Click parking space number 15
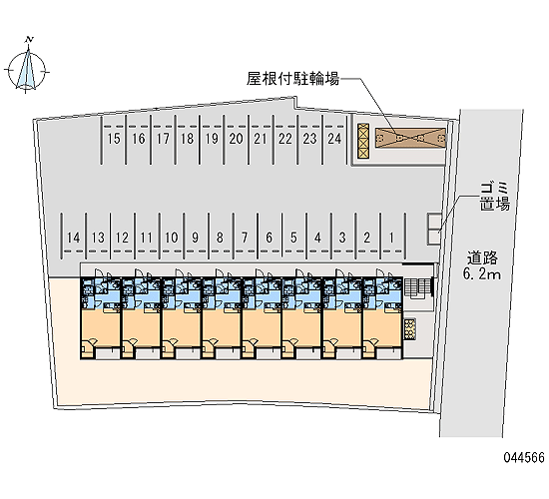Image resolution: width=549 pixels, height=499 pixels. point(114,139)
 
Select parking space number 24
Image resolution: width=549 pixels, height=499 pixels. point(334,139)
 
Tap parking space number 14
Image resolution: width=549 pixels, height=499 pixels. point(73,238)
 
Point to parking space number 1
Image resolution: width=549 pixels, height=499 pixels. point(391,238)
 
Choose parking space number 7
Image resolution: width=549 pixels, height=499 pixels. point(245,238)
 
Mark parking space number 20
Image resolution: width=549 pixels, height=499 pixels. point(236,139)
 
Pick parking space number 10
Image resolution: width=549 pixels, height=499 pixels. point(172,238)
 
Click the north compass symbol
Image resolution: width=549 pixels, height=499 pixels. point(27,67)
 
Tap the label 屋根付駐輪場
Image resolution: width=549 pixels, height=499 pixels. point(293,79)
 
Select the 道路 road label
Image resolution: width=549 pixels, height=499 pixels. point(482,258)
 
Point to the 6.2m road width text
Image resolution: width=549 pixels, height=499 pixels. point(482,273)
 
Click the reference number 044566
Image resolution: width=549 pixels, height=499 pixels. point(524,457)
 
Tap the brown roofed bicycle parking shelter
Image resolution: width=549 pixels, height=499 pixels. point(410,138)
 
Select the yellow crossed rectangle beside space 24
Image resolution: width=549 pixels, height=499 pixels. point(363,140)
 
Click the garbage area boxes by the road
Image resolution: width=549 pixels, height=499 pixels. point(434,229)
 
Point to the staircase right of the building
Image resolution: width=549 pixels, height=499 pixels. point(417,287)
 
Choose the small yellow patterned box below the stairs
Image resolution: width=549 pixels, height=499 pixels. point(409,328)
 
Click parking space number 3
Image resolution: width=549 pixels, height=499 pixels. point(342,238)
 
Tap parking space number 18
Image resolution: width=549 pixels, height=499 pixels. point(188,139)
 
